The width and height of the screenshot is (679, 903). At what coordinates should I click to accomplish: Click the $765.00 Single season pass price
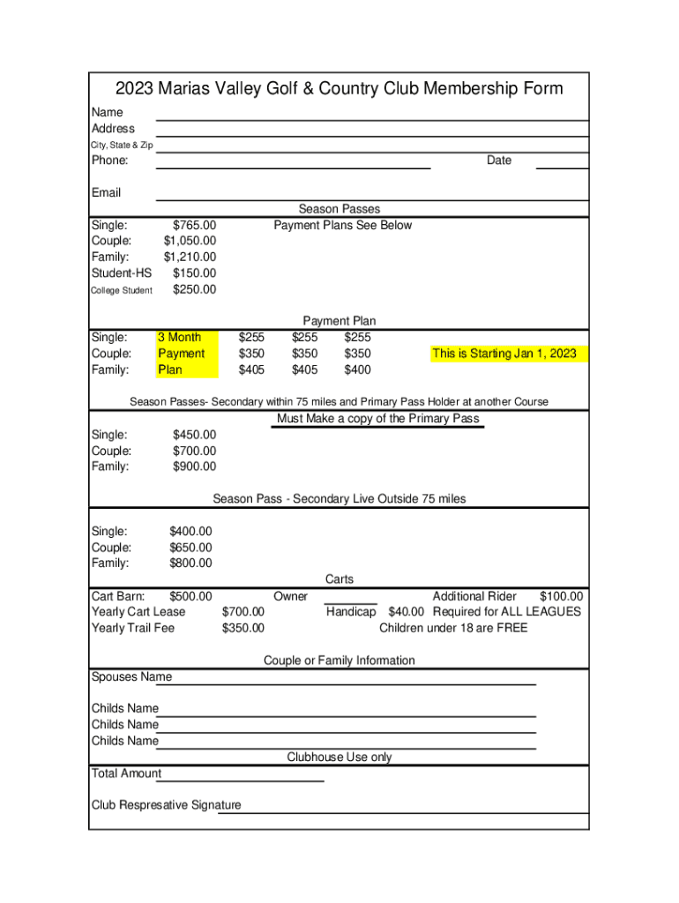(194, 225)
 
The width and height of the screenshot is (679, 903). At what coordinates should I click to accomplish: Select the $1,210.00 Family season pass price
(190, 257)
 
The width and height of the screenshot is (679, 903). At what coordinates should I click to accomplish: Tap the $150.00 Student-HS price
(194, 273)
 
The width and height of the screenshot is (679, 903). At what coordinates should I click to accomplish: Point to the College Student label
(122, 290)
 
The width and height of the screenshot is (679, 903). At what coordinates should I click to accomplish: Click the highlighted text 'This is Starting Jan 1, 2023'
(504, 354)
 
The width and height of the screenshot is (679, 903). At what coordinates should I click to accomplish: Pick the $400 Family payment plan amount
(357, 369)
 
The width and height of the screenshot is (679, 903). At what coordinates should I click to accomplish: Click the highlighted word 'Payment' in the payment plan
(181, 354)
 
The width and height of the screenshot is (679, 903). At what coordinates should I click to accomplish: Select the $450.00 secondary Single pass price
(194, 434)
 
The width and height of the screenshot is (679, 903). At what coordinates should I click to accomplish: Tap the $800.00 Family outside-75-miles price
(190, 563)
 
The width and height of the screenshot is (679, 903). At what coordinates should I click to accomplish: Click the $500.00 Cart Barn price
(190, 596)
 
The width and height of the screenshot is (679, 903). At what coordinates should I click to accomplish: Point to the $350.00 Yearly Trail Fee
(242, 628)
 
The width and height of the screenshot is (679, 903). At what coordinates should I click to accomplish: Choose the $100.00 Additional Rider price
(561, 596)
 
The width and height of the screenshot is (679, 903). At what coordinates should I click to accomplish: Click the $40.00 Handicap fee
(406, 611)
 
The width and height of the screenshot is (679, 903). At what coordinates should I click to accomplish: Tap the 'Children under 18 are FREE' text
(453, 628)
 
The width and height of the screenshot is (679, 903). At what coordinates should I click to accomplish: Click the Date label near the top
(498, 160)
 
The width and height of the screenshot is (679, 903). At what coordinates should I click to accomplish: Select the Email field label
(106, 192)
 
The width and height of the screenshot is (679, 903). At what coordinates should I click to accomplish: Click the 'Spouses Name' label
(131, 676)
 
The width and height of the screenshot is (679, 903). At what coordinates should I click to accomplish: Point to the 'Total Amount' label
(126, 773)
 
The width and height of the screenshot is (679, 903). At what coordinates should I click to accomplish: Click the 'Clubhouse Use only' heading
(339, 757)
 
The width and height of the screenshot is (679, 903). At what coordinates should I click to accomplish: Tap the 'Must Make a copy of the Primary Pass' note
(378, 418)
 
